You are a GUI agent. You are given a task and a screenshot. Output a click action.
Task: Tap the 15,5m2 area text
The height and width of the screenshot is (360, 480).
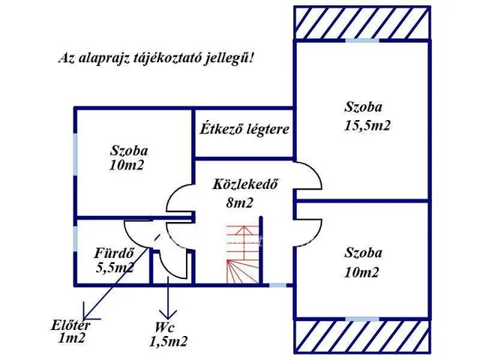367,125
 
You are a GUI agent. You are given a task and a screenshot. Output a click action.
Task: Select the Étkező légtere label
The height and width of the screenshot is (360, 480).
244,129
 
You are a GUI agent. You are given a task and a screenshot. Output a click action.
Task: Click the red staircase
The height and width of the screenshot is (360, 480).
243,256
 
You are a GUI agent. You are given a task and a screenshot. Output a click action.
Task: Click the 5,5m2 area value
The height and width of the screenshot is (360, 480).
114,266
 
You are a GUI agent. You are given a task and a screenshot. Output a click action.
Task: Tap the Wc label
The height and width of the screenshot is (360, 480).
166,327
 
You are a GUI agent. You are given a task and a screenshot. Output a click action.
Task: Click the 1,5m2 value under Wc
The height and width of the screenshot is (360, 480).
168,341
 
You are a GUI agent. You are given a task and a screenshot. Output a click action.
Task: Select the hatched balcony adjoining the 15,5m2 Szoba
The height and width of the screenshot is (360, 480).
362,22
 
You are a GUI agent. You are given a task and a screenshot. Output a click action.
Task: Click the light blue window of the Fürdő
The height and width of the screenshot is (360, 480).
75,238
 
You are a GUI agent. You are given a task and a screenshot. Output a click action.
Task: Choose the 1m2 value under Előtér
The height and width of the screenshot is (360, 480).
72,338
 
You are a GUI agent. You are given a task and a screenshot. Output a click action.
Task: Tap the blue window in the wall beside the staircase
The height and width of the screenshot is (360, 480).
277,285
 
